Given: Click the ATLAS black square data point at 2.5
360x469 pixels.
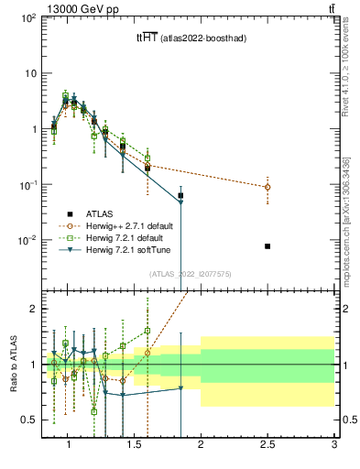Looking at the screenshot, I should [x=267, y=246].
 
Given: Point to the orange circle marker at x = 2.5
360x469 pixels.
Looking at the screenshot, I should [x=267, y=187].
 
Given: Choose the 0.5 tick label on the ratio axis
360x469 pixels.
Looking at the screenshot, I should [x=26, y=420].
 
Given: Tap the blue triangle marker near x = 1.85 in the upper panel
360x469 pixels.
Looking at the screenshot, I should [x=180, y=202].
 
